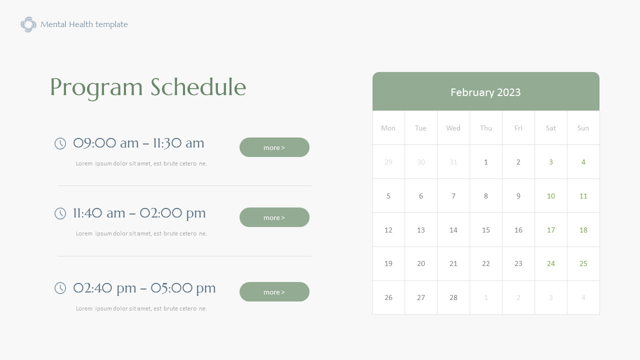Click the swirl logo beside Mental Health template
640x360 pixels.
coord(28,24)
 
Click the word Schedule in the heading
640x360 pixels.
coord(198,87)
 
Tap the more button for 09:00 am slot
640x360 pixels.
coord(274,147)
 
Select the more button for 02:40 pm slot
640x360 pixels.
coord(274,292)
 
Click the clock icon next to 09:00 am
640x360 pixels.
coord(60,143)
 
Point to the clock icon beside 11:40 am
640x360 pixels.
coord(60,213)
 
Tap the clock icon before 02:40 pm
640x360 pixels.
coord(60,288)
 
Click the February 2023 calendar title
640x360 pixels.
coord(485,92)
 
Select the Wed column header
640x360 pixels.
coord(453,128)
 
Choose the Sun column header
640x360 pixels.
coord(583,128)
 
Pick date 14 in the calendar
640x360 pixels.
coord(453,230)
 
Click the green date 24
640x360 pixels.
coord(550,263)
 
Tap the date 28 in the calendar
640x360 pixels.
coord(453,297)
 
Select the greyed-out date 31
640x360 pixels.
coord(453,162)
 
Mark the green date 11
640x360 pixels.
coord(583,196)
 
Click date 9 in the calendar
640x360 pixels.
coord(518,196)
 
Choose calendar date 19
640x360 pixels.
coord(388,263)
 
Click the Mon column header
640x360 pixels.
coord(388,128)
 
